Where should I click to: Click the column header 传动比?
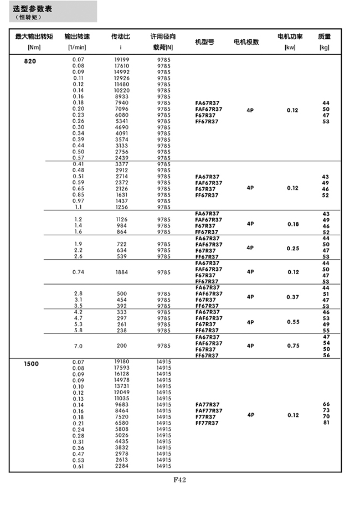(121, 37)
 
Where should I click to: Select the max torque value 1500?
(31, 364)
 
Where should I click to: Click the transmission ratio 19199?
(121, 60)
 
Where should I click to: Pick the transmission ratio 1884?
(121, 272)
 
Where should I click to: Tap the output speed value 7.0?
(78, 346)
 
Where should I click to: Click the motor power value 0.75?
(292, 346)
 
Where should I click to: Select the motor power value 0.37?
(292, 297)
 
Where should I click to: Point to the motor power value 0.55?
(292, 322)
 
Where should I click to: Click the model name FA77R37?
(207, 404)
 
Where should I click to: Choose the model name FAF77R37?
(209, 410)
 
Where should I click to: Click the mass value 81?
(326, 422)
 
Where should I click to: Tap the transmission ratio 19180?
(121, 362)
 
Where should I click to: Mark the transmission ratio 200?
(121, 346)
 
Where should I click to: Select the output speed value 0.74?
(78, 272)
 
